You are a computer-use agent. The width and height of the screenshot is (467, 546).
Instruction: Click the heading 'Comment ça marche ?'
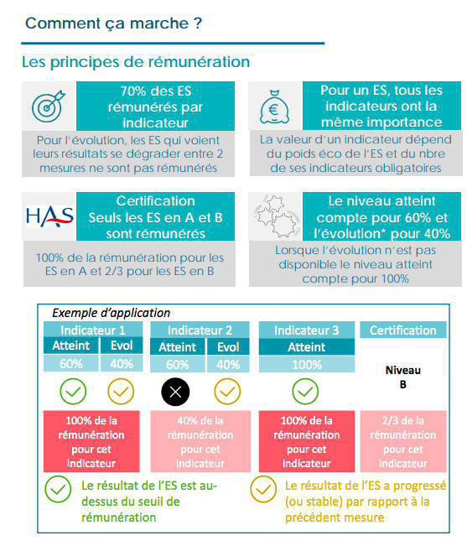point(113,23)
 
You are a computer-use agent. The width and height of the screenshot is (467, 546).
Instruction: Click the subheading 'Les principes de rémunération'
point(136,62)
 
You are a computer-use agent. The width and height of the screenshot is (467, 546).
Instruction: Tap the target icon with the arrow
point(48,107)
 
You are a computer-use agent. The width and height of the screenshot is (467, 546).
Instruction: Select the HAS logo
point(49,216)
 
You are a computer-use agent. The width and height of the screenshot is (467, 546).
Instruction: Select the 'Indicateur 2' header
point(200,330)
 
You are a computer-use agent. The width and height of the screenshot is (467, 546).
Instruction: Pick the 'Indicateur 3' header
point(306,330)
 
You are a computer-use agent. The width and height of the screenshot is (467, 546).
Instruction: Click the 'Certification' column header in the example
point(403,330)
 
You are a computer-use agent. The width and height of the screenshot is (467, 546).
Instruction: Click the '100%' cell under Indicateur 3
point(306,365)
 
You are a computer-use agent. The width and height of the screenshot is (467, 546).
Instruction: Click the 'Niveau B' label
point(403,377)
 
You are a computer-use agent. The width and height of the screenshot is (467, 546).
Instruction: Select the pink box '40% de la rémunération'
point(200,441)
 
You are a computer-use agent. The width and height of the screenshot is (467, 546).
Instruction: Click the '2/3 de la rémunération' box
point(403,441)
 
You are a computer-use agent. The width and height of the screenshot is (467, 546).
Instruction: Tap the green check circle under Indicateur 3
point(306,391)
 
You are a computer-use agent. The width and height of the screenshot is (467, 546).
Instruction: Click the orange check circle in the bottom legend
point(265,489)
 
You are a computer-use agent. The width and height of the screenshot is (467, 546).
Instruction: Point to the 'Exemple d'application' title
point(112,313)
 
